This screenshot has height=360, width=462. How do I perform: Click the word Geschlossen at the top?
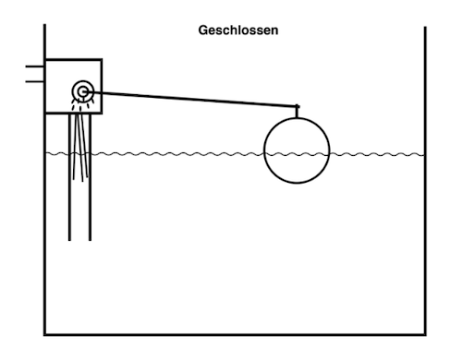click(238, 30)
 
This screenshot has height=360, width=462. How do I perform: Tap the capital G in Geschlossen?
click(203, 30)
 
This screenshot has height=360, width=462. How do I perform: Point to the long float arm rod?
click(191, 99)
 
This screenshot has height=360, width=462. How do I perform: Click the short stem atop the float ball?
click(297, 112)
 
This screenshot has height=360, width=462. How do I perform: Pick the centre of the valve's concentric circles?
click(83, 91)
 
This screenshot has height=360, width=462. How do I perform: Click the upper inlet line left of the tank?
click(35, 66)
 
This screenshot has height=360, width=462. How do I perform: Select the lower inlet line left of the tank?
click(35, 81)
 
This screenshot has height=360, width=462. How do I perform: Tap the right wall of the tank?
click(425, 181)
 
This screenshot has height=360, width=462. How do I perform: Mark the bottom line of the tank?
click(236, 334)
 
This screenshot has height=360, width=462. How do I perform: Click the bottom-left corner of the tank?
click(45, 334)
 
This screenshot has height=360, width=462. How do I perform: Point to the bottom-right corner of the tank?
click(425, 334)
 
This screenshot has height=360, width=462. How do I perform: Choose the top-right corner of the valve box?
click(102, 59)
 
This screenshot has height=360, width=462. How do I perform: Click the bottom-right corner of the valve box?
click(102, 114)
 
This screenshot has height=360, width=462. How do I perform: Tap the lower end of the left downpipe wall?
click(69, 240)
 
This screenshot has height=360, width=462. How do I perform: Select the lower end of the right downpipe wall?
click(90, 240)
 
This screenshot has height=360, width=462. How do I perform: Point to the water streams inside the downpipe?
click(80, 145)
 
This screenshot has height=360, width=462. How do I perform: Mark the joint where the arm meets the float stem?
click(297, 107)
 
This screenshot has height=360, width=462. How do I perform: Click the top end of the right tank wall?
click(425, 27)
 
